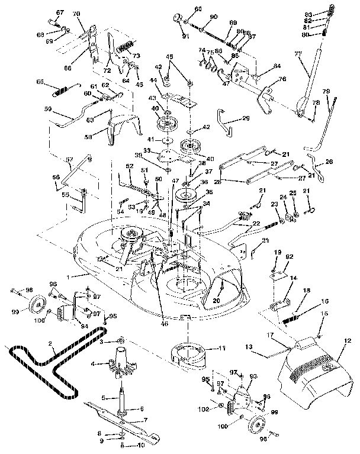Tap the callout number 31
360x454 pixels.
(265, 240)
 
